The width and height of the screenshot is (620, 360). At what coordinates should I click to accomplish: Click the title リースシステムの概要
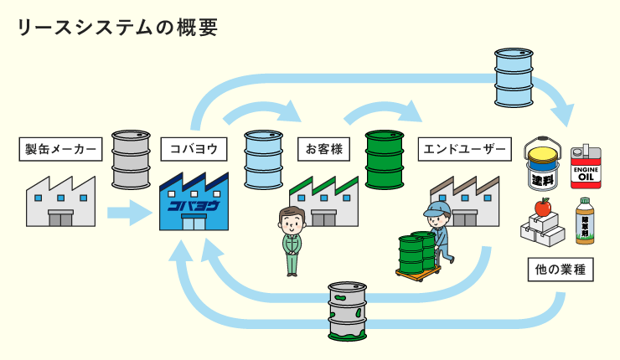pyautogui.click(x=117, y=27)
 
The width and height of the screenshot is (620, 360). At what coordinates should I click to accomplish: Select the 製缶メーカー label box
pyautogui.click(x=61, y=149)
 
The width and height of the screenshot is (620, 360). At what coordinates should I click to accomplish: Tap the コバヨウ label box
pyautogui.click(x=194, y=149)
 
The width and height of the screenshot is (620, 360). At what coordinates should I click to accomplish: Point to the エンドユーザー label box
pyautogui.click(x=464, y=149)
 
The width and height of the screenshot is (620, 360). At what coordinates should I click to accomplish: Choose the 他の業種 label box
pyautogui.click(x=561, y=270)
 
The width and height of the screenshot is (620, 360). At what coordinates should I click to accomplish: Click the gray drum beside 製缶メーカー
pyautogui.click(x=131, y=159)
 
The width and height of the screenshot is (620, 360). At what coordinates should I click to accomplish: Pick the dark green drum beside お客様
pyautogui.click(x=385, y=159)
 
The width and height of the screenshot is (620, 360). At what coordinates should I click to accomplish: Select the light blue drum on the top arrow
pyautogui.click(x=514, y=77)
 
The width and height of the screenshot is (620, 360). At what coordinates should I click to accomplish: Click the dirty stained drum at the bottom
pyautogui.click(x=347, y=311)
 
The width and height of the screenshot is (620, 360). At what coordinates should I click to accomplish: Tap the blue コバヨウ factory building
pyautogui.click(x=194, y=204)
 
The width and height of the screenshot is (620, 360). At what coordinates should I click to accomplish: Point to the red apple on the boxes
pyautogui.click(x=542, y=207)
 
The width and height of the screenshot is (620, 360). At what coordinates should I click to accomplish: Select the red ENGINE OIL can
pyautogui.click(x=586, y=167)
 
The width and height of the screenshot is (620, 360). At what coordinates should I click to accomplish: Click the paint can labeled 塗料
pyautogui.click(x=543, y=165)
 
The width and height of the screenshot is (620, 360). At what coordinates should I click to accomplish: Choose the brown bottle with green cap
pyautogui.click(x=585, y=221)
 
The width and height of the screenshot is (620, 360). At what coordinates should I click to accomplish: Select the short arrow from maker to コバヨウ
pyautogui.click(x=129, y=213)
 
